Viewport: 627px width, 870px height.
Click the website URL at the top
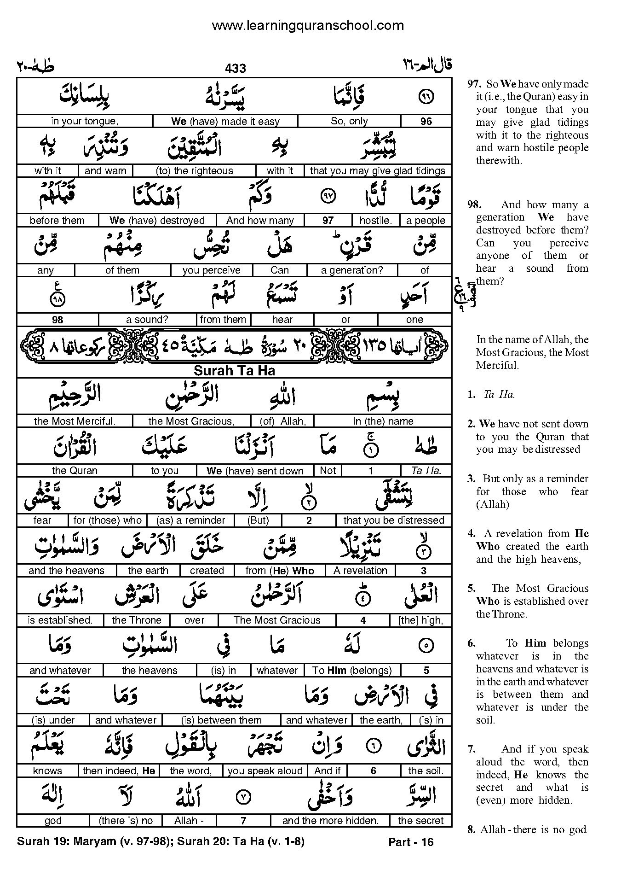[308, 25]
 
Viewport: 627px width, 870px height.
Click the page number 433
[236, 69]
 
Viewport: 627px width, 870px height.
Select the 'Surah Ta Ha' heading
[234, 371]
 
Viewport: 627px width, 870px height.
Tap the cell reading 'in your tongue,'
[84, 121]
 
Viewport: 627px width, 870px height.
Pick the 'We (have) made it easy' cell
[225, 121]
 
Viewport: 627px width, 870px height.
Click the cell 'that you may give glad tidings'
[377, 171]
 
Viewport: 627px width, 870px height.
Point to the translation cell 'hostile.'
[375, 221]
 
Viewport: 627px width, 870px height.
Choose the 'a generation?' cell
[352, 270]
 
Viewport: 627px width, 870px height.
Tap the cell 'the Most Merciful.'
[75, 421]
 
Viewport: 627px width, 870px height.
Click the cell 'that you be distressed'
[393, 520]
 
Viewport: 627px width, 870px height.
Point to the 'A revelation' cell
[360, 571]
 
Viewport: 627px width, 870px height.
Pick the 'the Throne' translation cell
[137, 620]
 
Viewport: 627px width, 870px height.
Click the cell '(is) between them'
[221, 720]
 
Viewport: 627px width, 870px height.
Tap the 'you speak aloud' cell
[265, 771]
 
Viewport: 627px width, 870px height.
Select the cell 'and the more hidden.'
[330, 820]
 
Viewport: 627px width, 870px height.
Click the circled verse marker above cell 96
[426, 96]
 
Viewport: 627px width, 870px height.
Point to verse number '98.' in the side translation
[476, 205]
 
